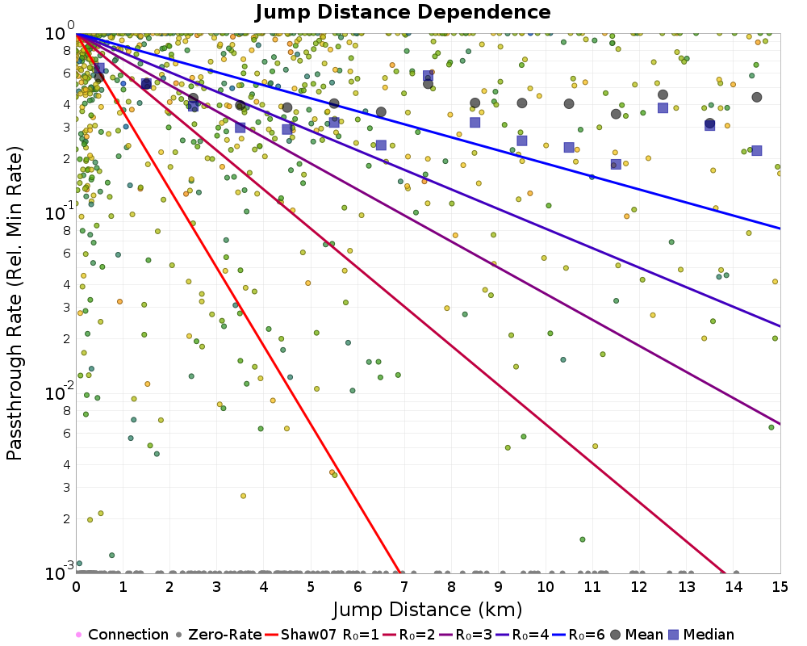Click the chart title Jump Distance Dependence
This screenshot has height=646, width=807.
403,12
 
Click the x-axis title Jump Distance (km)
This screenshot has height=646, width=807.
427,610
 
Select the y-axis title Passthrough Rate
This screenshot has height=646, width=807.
15,303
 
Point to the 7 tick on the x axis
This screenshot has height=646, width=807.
405,587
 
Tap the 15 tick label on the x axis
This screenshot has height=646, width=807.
780,587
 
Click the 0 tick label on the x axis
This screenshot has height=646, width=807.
76,587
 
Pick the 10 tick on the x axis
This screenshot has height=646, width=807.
546,587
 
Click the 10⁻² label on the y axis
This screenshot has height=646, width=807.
60,392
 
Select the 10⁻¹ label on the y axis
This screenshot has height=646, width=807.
60,212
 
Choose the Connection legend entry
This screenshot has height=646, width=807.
123,634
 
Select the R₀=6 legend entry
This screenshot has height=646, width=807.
579,634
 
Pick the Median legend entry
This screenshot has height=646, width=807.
701,634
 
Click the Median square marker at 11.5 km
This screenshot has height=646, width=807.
616,165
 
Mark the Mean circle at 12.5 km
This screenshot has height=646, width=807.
663,94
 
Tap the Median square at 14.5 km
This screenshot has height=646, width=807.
757,151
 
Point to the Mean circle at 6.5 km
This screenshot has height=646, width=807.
381,111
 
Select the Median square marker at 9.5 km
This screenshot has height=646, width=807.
522,141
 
